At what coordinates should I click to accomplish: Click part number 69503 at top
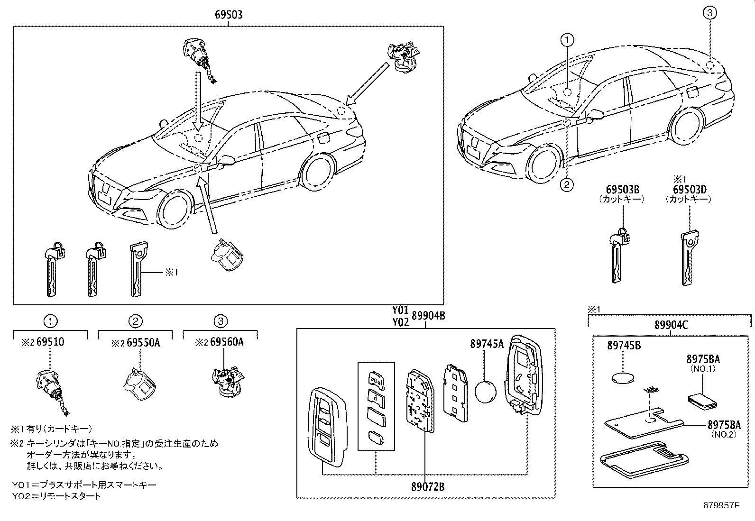click(x=229, y=15)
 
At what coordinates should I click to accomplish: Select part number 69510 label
click(x=50, y=342)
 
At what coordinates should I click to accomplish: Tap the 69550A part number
click(x=143, y=342)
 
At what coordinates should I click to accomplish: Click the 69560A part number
click(x=227, y=342)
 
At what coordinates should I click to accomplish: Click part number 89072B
click(x=428, y=486)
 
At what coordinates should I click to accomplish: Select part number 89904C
click(x=671, y=325)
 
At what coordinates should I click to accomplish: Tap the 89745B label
click(x=624, y=346)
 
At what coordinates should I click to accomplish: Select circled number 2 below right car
click(x=566, y=185)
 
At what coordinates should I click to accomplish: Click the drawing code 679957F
click(x=721, y=505)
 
